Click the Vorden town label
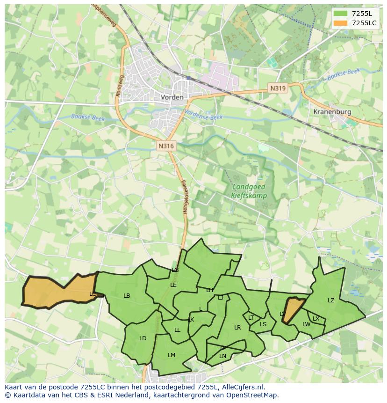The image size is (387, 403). pyautogui.click(x=172, y=97)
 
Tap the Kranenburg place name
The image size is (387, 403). pyautogui.click(x=332, y=112)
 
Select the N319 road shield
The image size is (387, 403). pyautogui.click(x=277, y=88)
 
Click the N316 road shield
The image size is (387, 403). pyautogui.click(x=166, y=146)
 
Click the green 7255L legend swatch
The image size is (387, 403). pyautogui.click(x=341, y=14)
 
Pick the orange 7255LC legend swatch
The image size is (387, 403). pyautogui.click(x=341, y=23)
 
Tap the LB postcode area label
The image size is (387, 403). pyautogui.click(x=127, y=296)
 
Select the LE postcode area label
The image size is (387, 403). pyautogui.click(x=173, y=285)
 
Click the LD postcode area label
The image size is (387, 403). pyautogui.click(x=143, y=338)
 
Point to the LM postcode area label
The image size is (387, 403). pyautogui.click(x=172, y=355)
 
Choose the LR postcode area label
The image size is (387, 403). pyautogui.click(x=237, y=328)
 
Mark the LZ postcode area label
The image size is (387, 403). pyautogui.click(x=331, y=300)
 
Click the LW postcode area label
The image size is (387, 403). pyautogui.click(x=306, y=324)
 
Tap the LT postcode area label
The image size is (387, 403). pyautogui.click(x=251, y=318)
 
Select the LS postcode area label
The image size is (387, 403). pyautogui.click(x=263, y=324)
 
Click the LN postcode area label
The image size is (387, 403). pyautogui.click(x=222, y=356)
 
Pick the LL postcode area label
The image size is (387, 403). pyautogui.click(x=177, y=330)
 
